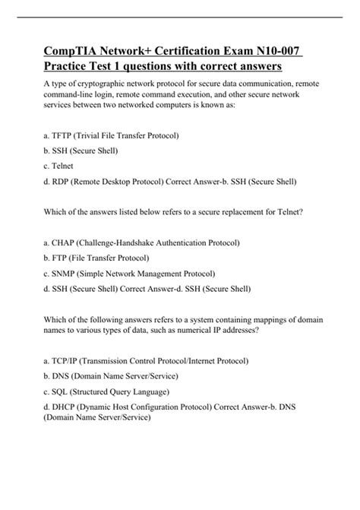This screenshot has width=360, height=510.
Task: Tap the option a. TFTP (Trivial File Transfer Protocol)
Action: [x=112, y=135]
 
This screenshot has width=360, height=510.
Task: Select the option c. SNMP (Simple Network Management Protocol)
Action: [x=130, y=274]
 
